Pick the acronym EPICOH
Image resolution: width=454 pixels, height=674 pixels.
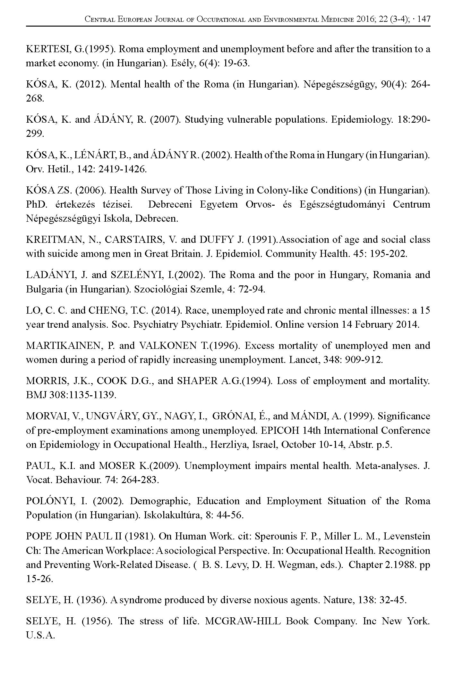point(280,430)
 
